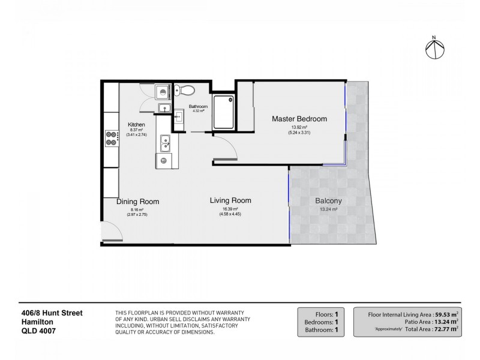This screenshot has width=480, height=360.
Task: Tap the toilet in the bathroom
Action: pyautogui.click(x=187, y=91)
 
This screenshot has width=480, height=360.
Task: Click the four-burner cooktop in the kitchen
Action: pyautogui.click(x=111, y=139)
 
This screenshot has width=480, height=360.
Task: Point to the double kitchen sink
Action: pyautogui.click(x=164, y=145)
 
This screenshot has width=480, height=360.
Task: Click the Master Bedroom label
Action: pyautogui.click(x=299, y=119)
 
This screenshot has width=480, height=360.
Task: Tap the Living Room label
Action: pyautogui.click(x=230, y=200)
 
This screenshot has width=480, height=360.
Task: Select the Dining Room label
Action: pyautogui.click(x=137, y=202)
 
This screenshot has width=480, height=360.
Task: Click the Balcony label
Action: pyautogui.click(x=328, y=201)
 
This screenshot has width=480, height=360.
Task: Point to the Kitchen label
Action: pyautogui.click(x=136, y=125)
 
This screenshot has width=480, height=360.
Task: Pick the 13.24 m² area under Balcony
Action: pyautogui.click(x=328, y=209)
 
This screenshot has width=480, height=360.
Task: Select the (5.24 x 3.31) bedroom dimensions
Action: pyautogui.click(x=299, y=133)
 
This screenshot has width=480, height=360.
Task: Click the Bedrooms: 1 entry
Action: pyautogui.click(x=322, y=321)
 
